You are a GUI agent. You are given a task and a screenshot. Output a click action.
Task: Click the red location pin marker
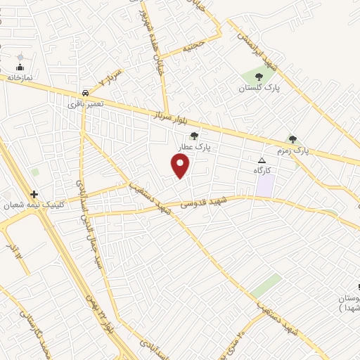click(181, 166)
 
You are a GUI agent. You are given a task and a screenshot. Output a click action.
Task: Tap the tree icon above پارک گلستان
click(259, 77)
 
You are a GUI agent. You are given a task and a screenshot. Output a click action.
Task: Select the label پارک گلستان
click(258, 88)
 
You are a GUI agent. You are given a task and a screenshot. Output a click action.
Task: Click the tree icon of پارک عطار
click(195, 136)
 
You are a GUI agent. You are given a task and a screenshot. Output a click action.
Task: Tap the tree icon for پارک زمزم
click(292, 139)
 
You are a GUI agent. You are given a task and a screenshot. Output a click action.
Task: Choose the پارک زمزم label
click(290, 150)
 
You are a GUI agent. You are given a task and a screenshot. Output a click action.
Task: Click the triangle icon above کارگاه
click(263, 160)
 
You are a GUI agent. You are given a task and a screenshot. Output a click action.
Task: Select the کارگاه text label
click(263, 170)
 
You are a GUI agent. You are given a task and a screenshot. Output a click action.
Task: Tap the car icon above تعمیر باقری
click(85, 92)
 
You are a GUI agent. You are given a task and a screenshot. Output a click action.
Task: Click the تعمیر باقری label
click(86, 103)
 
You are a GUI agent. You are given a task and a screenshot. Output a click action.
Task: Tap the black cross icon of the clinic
click(33, 194)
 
